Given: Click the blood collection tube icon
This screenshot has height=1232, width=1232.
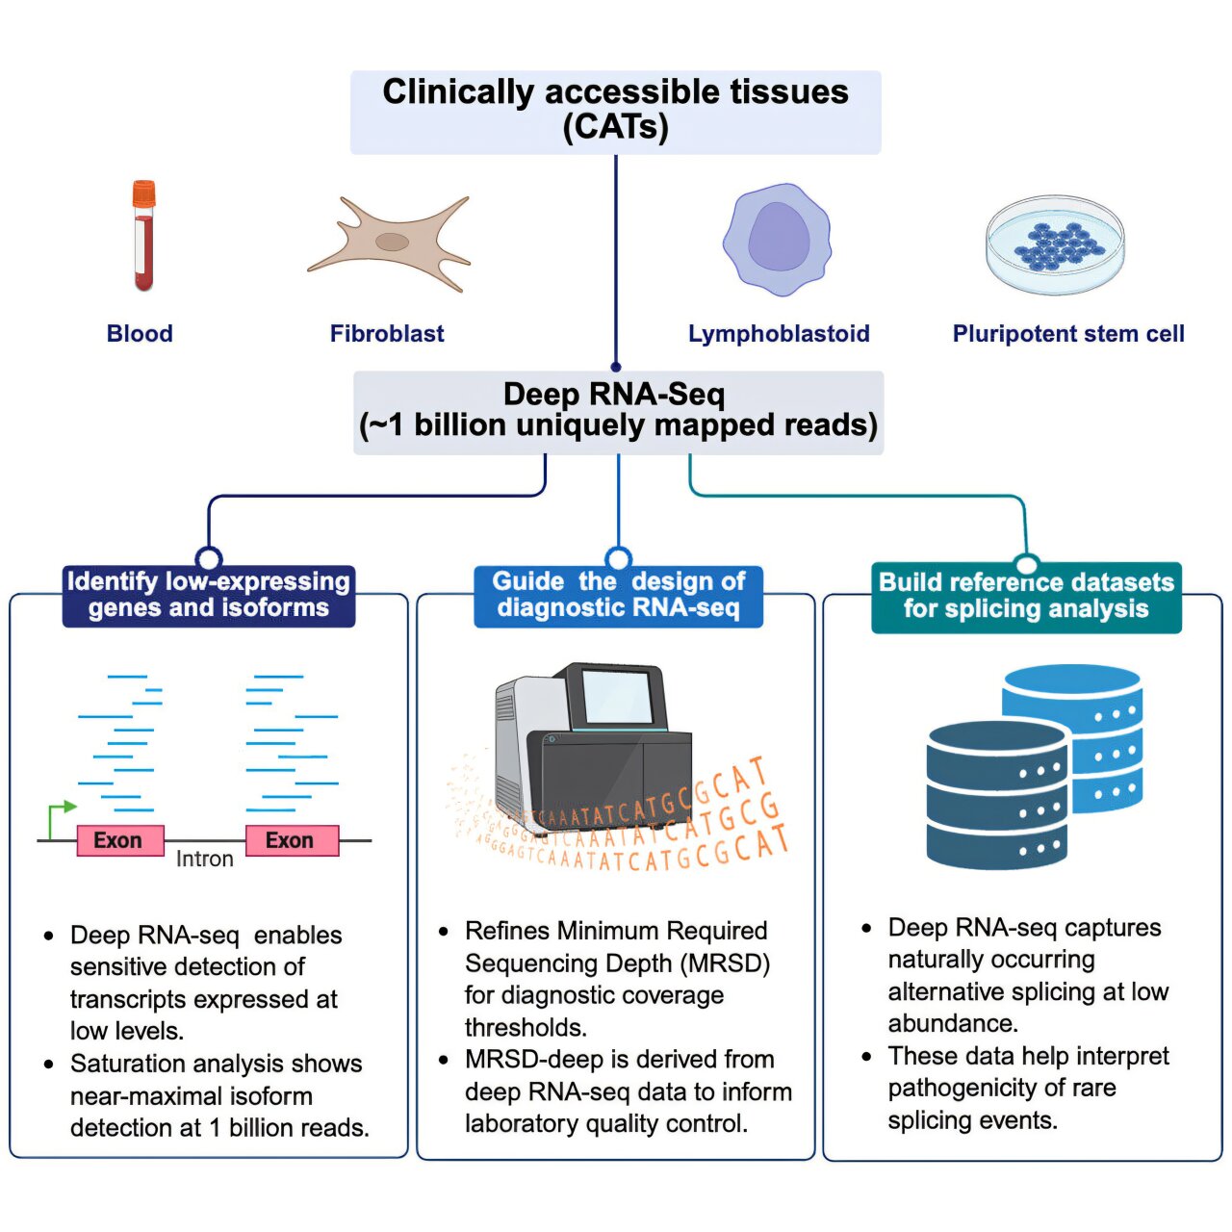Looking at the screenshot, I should pos(143,237).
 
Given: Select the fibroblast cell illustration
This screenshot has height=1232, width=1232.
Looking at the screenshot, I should pos(390,243).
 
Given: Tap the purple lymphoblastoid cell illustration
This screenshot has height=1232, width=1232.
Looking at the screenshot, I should pos(777,240).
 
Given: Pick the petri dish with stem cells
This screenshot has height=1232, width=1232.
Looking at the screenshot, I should pos(1055,244).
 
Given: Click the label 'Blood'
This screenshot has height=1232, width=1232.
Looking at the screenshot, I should pos(140,334).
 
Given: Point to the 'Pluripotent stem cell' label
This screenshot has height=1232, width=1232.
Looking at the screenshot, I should pos(1067,334).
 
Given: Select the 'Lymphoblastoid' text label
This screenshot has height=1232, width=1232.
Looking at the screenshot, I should pos(778,334).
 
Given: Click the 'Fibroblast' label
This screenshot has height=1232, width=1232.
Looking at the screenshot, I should pos(387,334).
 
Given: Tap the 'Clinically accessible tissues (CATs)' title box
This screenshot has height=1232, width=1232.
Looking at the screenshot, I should pos(615,112).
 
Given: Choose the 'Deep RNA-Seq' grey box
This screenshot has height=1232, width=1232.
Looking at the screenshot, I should pos(618,412).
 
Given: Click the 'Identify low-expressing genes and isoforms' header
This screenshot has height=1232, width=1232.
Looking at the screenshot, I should pos(209,596).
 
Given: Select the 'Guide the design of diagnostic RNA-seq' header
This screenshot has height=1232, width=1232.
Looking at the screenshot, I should pos(618,596).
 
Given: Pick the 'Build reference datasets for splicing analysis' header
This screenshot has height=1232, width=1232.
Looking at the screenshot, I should pos(1026,597).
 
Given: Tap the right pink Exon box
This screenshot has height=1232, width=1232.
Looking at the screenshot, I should pos(291,840).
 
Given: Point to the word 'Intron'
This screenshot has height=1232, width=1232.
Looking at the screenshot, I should pos(204,859).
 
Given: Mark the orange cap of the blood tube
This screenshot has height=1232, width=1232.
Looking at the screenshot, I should pos(143,193).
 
